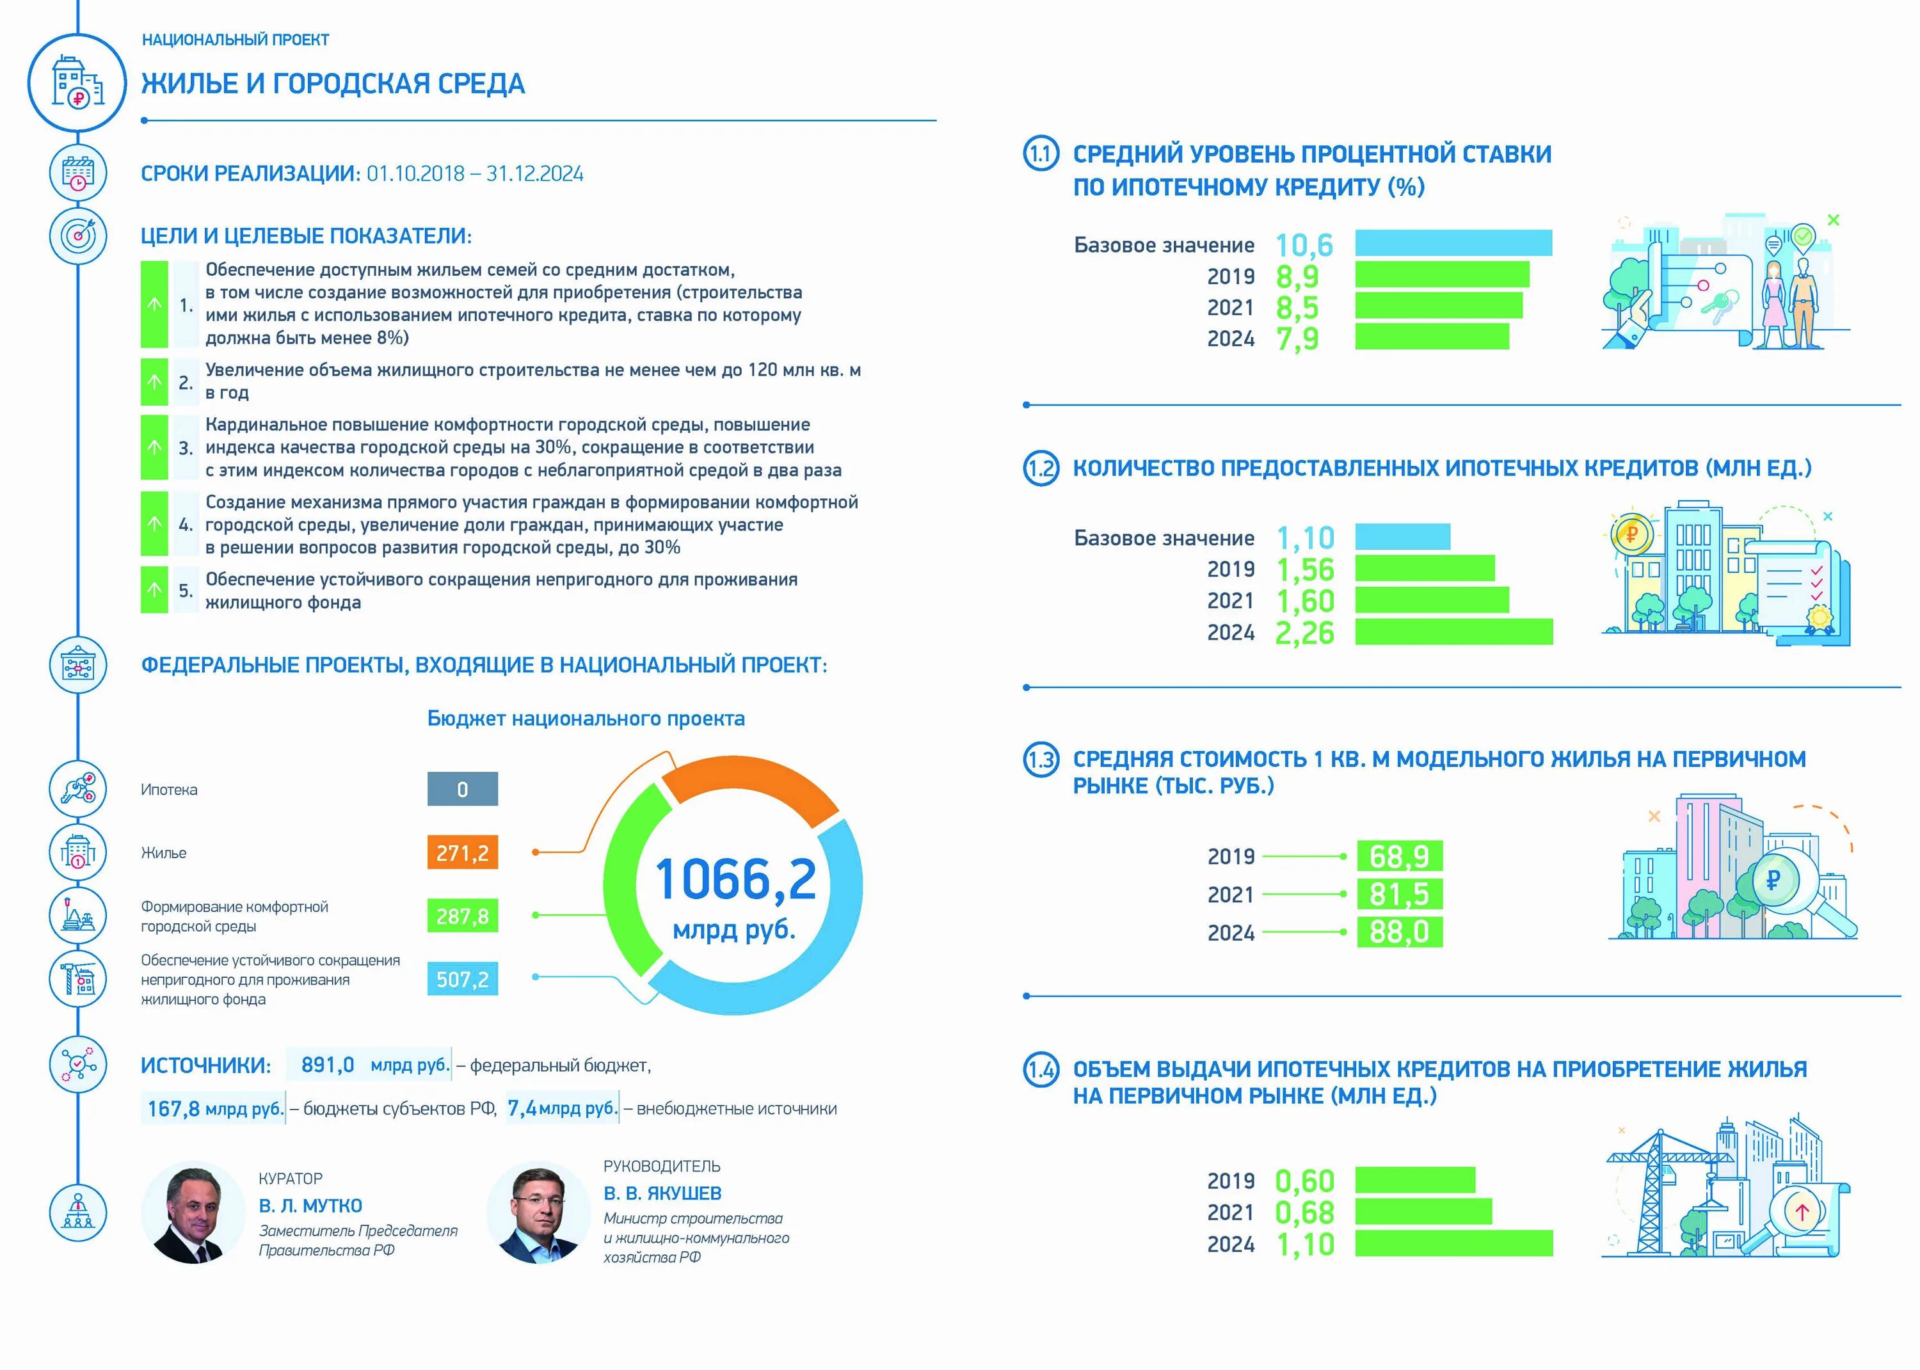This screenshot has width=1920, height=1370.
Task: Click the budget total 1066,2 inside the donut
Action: point(735,880)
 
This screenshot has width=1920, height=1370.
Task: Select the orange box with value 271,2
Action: point(462,853)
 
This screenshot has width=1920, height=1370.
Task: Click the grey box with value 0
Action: point(462,790)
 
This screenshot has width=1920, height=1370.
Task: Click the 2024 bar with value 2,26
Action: point(1453,632)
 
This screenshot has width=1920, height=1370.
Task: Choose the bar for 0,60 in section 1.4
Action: point(1414,1180)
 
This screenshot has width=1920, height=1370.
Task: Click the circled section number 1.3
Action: point(1041,760)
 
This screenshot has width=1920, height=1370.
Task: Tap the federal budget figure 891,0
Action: point(327,1065)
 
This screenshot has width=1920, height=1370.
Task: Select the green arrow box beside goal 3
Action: point(154,448)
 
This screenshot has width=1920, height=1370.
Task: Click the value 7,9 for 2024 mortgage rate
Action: point(1297,339)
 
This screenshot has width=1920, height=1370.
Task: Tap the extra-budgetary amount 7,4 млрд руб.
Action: point(562,1108)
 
